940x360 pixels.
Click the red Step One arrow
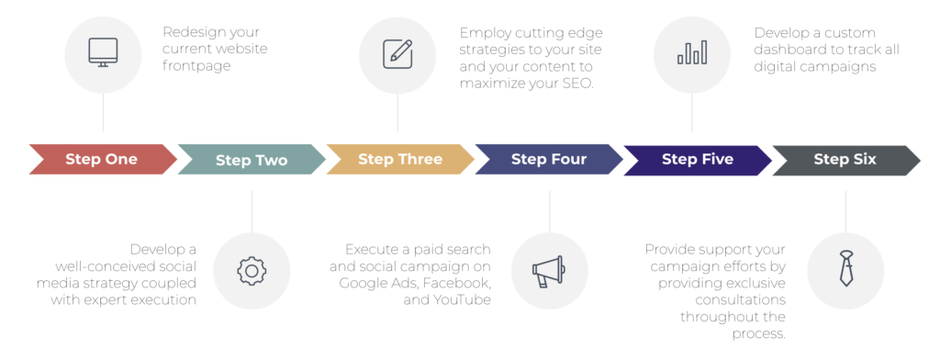point(102,159)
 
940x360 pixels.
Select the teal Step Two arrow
point(252,160)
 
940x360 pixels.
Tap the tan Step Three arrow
point(400,159)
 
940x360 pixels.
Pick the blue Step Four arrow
point(549,159)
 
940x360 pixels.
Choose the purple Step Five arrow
point(698,159)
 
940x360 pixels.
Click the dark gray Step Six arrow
point(845,159)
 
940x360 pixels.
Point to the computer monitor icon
point(103,51)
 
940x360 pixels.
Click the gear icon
point(251,270)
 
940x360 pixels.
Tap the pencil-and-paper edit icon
point(397,52)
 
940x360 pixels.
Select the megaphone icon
point(549,270)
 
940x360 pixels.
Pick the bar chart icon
point(692,52)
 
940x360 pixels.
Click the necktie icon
point(845,270)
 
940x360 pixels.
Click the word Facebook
point(453,283)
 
